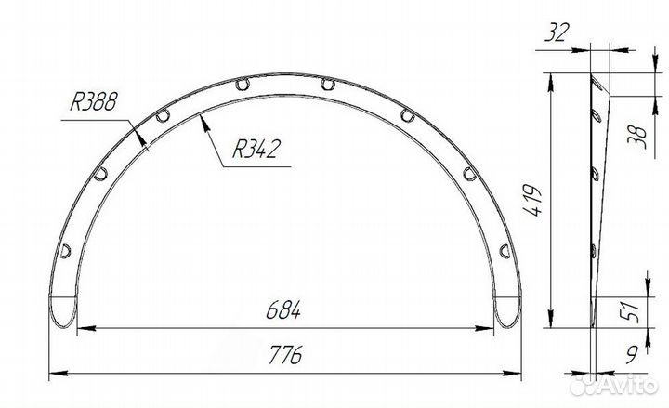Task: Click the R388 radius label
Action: (x=93, y=102)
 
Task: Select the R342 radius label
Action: (x=256, y=149)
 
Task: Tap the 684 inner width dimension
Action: (x=283, y=310)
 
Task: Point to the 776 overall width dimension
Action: (x=285, y=355)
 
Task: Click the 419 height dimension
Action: (x=533, y=200)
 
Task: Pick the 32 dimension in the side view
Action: (x=557, y=33)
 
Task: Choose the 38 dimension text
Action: (x=638, y=138)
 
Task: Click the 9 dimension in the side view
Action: (x=633, y=354)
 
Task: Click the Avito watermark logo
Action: (x=613, y=385)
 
